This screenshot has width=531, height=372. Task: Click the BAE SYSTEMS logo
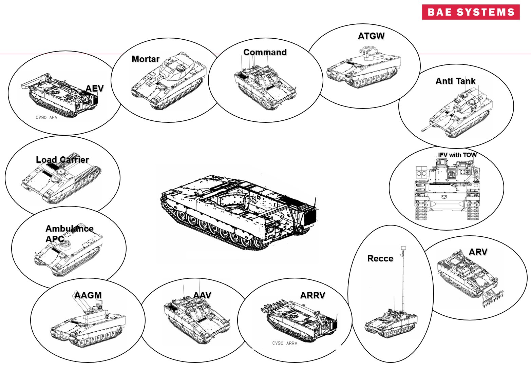point(471,12)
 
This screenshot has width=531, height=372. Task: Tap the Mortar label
point(145,59)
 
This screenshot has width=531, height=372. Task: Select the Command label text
point(265,52)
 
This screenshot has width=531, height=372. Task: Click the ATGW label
point(371,36)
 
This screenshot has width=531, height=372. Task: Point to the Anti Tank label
point(455,81)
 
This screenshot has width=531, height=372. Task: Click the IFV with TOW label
point(457,155)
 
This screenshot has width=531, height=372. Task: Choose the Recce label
point(380,258)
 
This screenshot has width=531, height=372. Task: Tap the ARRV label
point(312,295)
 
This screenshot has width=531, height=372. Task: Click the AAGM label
point(88,295)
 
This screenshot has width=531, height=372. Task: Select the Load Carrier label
point(62,160)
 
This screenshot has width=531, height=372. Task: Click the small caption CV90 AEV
point(46,118)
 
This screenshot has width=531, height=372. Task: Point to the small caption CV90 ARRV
point(284,343)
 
